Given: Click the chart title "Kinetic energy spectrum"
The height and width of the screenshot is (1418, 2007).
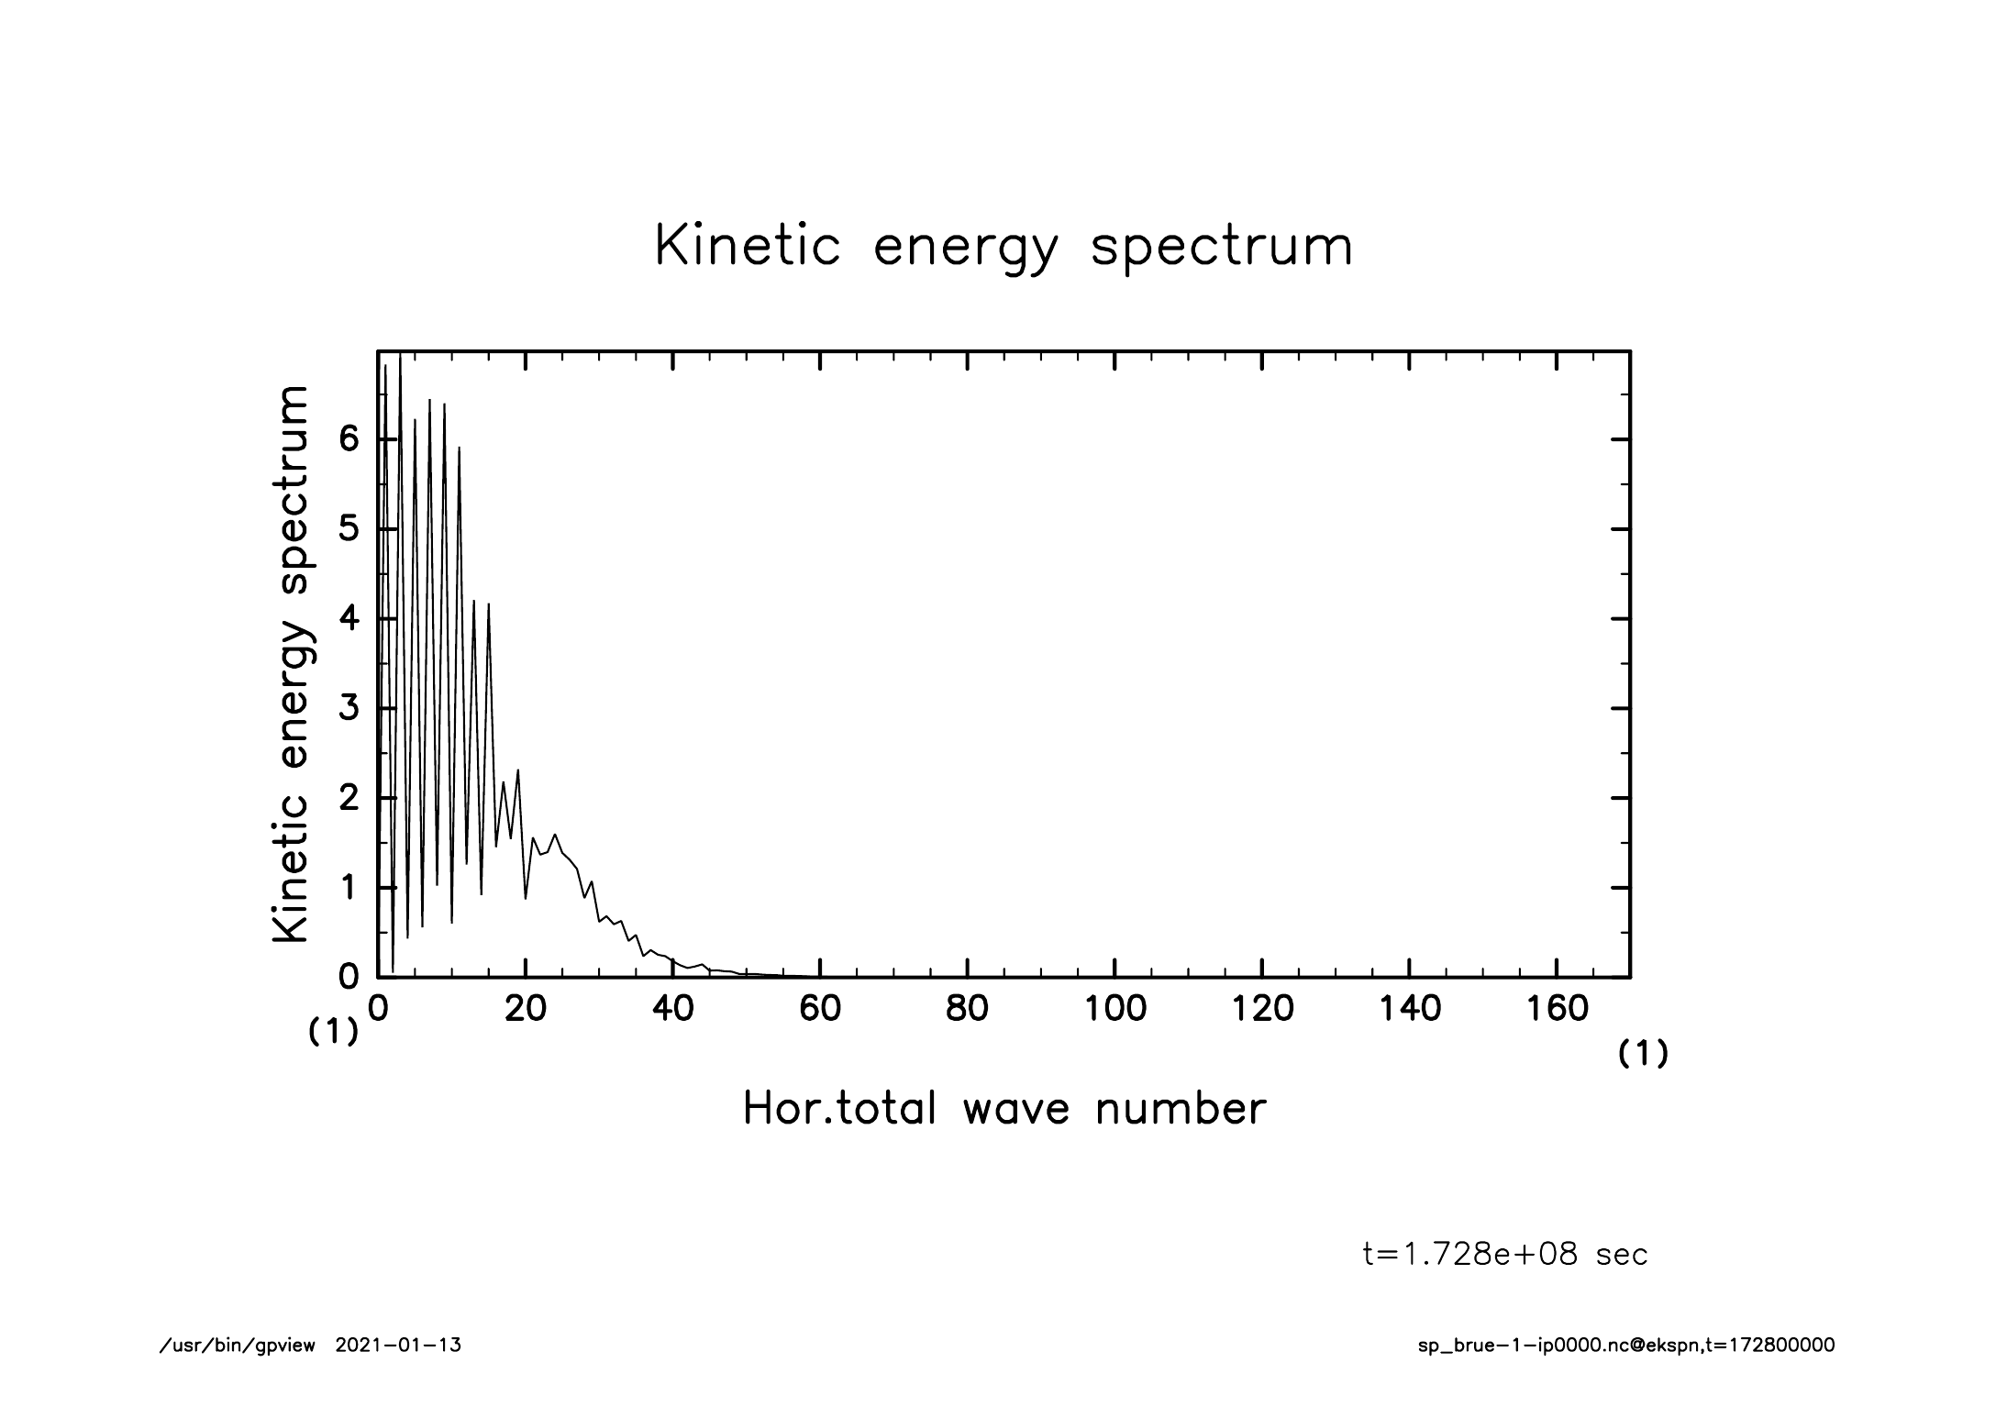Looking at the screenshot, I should click(1003, 248).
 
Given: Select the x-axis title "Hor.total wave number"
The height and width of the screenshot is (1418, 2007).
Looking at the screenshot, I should click(1003, 1109).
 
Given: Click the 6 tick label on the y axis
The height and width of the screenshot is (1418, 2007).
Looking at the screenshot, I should click(349, 439).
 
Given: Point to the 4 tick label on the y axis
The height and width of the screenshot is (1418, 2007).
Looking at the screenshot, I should click(349, 618).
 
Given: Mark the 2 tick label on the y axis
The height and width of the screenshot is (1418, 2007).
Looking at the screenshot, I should click(349, 798).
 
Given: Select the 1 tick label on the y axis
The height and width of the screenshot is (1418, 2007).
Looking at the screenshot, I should click(349, 888).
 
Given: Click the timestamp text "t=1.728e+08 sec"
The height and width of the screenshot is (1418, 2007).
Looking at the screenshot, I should click(1505, 1255).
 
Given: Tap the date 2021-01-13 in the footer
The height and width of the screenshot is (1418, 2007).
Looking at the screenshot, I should click(398, 1346).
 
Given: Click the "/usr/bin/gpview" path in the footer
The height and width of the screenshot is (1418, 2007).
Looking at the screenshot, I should click(238, 1346).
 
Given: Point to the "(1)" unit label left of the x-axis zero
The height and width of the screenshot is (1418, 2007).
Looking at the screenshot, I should click(333, 1033).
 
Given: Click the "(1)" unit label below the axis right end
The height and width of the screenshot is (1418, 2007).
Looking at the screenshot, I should click(1643, 1055).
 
